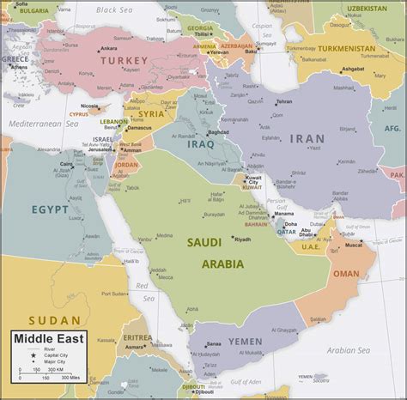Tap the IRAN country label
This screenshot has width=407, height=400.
point(307,137)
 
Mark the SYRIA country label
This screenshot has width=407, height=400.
point(151,113)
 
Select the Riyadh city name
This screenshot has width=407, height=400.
point(243,239)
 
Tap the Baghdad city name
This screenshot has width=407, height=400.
point(216,133)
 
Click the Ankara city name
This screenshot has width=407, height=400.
point(108,47)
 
